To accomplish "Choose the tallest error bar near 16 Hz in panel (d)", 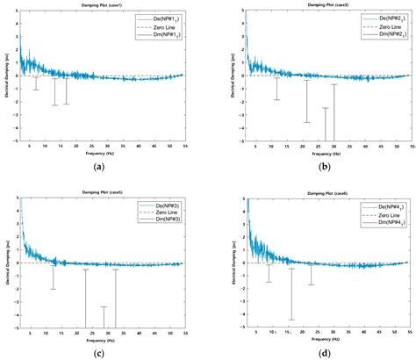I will pyautogui.click(x=291, y=294).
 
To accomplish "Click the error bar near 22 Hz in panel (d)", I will pyautogui.click(x=311, y=272).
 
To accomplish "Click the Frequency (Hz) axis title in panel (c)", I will pyautogui.click(x=105, y=337).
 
